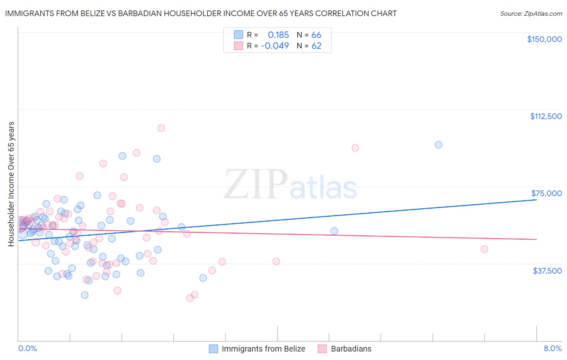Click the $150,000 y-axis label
click(544, 39)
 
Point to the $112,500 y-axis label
click(546, 116)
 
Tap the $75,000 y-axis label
click(546, 193)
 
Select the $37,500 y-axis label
click(547, 271)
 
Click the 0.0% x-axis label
click(27, 348)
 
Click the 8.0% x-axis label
click(552, 348)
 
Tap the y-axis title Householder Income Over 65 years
click(11, 184)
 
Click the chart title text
click(201, 13)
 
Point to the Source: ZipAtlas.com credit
click(531, 13)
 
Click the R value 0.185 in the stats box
click(278, 35)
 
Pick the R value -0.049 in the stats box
click(275, 46)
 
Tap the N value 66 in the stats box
click(316, 35)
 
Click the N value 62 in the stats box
click(316, 46)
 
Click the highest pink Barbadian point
click(161, 128)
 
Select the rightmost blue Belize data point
click(438, 144)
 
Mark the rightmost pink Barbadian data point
click(484, 249)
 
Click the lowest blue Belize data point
click(85, 295)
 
